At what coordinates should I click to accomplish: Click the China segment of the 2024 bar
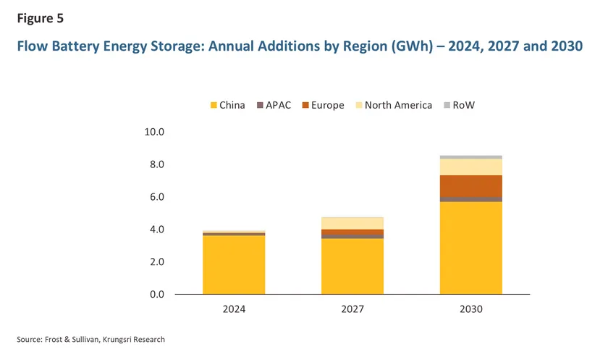tap(234, 264)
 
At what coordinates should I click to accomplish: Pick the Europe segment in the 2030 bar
tap(470, 185)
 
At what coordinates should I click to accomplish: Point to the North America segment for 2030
tap(470, 167)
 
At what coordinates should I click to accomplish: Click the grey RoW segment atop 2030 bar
tap(470, 156)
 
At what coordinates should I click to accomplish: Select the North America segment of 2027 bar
tap(352, 222)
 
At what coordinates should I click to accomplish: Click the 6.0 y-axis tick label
tap(159, 197)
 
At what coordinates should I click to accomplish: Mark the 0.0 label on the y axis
tap(159, 294)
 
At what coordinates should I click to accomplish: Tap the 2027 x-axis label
tap(352, 309)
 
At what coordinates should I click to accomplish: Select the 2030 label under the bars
tap(470, 309)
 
